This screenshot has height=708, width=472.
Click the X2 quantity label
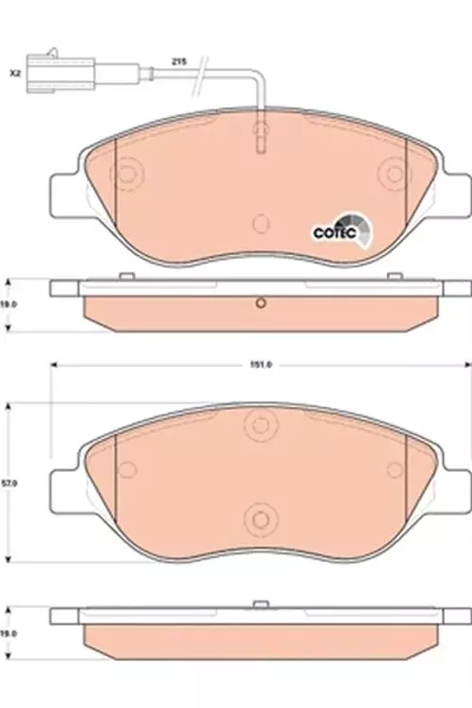tap(14, 72)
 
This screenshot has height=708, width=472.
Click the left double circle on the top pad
tap(126, 173)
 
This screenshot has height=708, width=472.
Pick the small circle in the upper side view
tap(260, 303)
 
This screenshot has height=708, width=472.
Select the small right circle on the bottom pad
tap(390, 466)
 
